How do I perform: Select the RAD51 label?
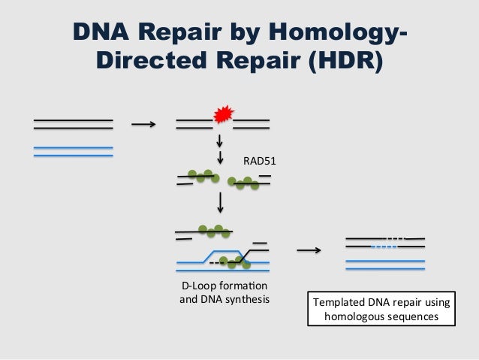pos(258,160)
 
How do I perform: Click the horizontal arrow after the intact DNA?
pos(143,126)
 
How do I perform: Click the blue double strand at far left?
pos(73,152)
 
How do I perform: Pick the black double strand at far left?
pos(73,124)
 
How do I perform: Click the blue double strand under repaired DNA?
pos(385,264)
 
